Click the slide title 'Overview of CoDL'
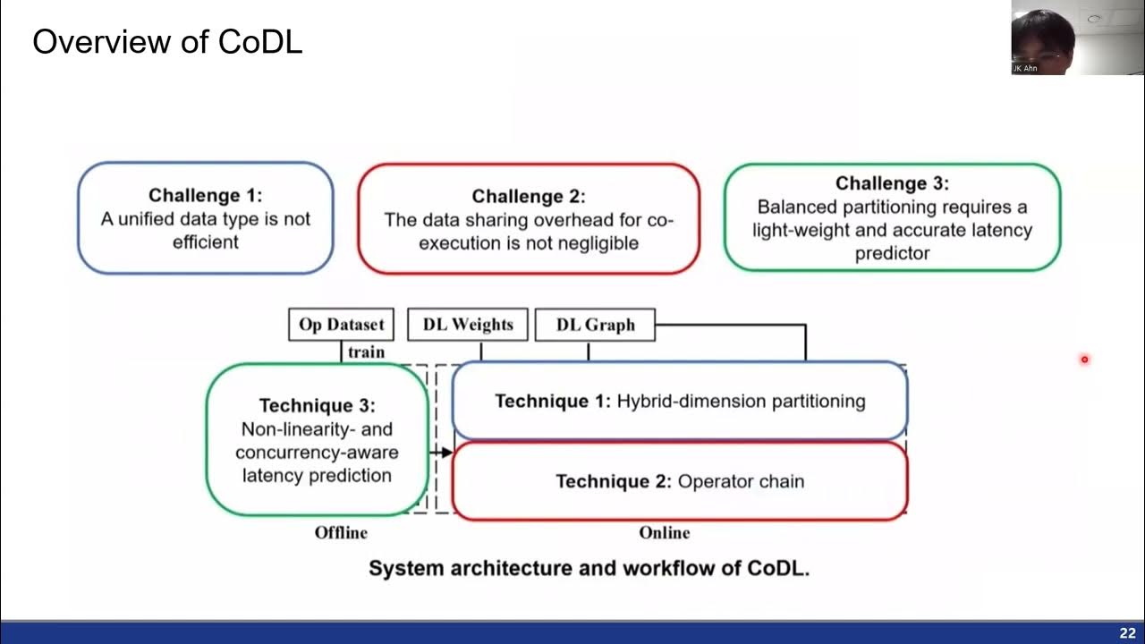tap(167, 41)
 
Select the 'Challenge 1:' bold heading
tap(205, 195)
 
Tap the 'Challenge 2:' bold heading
tap(528, 196)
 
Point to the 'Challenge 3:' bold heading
tap(892, 183)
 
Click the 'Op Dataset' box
tap(341, 325)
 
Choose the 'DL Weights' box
tap(468, 325)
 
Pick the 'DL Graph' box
tap(595, 325)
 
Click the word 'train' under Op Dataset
tap(366, 352)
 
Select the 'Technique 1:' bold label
tap(553, 401)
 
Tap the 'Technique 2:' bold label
tap(613, 481)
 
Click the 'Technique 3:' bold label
tap(317, 406)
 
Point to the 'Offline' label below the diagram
tap(341, 532)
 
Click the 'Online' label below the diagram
tap(664, 532)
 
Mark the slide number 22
tap(1126, 633)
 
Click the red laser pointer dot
tap(1084, 360)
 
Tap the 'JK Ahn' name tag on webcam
tap(1025, 68)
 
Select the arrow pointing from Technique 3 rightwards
tap(441, 453)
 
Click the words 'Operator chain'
tap(741, 481)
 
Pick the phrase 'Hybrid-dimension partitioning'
tap(741, 401)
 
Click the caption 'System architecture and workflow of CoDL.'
tap(589, 568)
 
